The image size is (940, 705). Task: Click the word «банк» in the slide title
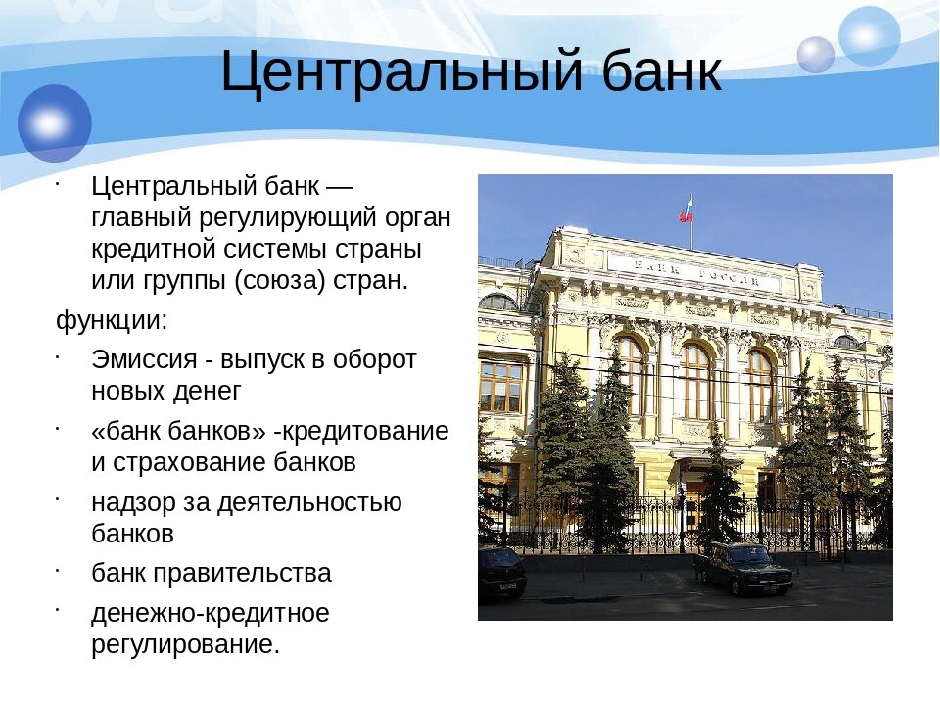(662, 71)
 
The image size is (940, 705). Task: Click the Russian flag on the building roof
(685, 209)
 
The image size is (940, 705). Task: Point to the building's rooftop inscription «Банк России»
(697, 272)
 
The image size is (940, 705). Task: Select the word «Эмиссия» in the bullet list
(144, 359)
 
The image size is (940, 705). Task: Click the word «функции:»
(112, 320)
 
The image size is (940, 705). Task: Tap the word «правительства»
(242, 573)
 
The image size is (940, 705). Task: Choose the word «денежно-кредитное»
(211, 613)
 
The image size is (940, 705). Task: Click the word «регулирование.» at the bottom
(185, 645)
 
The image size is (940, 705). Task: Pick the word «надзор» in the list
(133, 502)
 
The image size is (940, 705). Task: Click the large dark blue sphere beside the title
(55, 123)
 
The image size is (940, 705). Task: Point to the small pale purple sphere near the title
(816, 55)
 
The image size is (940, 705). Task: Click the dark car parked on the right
(742, 567)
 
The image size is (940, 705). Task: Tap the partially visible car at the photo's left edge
(500, 573)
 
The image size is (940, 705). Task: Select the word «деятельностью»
(309, 502)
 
